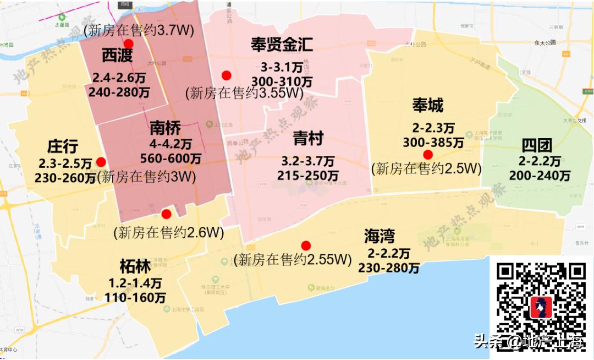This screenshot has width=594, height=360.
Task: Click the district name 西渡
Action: (x=117, y=56)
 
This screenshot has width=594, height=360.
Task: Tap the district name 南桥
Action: (x=165, y=129)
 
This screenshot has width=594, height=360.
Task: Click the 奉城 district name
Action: (x=427, y=105)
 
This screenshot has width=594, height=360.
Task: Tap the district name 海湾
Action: (x=380, y=236)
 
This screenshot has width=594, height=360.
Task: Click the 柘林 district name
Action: (x=135, y=267)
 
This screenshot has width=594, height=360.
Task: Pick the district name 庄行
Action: (x=63, y=146)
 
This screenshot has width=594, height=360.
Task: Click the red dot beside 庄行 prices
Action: (x=101, y=162)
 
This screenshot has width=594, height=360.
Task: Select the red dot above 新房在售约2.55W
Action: (x=306, y=246)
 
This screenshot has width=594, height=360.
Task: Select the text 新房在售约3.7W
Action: (x=139, y=30)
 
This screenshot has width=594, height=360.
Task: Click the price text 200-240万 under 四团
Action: (x=540, y=176)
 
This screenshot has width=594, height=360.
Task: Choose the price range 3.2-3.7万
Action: (x=308, y=162)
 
